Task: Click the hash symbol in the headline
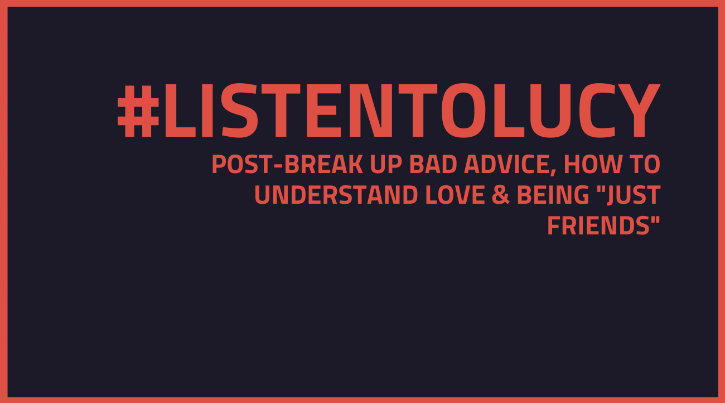138,111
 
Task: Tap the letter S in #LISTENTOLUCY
239,111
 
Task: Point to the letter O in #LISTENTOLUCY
464,111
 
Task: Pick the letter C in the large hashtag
597,111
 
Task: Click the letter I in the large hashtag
207,111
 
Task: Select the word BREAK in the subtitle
323,164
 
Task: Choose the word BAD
433,164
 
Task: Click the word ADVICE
510,165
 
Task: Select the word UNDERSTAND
336,195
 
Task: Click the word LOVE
455,195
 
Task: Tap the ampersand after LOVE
501,195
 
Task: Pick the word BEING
553,195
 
